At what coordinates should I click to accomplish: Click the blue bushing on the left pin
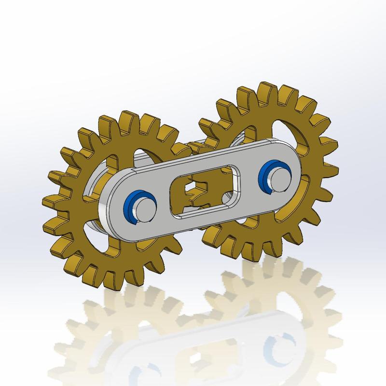click(131, 206)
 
